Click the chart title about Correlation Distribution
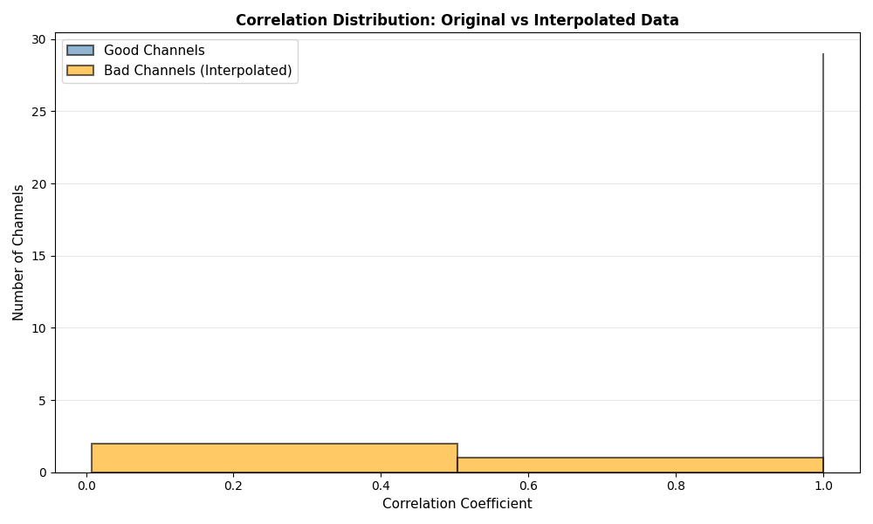[457, 20]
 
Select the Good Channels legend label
[154, 51]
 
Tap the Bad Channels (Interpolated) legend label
[197, 70]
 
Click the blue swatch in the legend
[80, 51]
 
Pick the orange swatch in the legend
[80, 70]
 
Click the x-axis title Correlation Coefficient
[457, 504]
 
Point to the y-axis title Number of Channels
[18, 252]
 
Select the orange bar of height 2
[274, 458]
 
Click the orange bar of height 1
[640, 465]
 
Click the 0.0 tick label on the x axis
[86, 485]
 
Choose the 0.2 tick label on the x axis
[233, 485]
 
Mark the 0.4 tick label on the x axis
[381, 485]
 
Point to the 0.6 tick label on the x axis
[528, 485]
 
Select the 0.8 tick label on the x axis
[676, 485]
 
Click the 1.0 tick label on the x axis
[823, 485]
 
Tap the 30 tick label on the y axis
[39, 39]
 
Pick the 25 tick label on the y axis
[39, 112]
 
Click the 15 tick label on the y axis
[39, 256]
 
